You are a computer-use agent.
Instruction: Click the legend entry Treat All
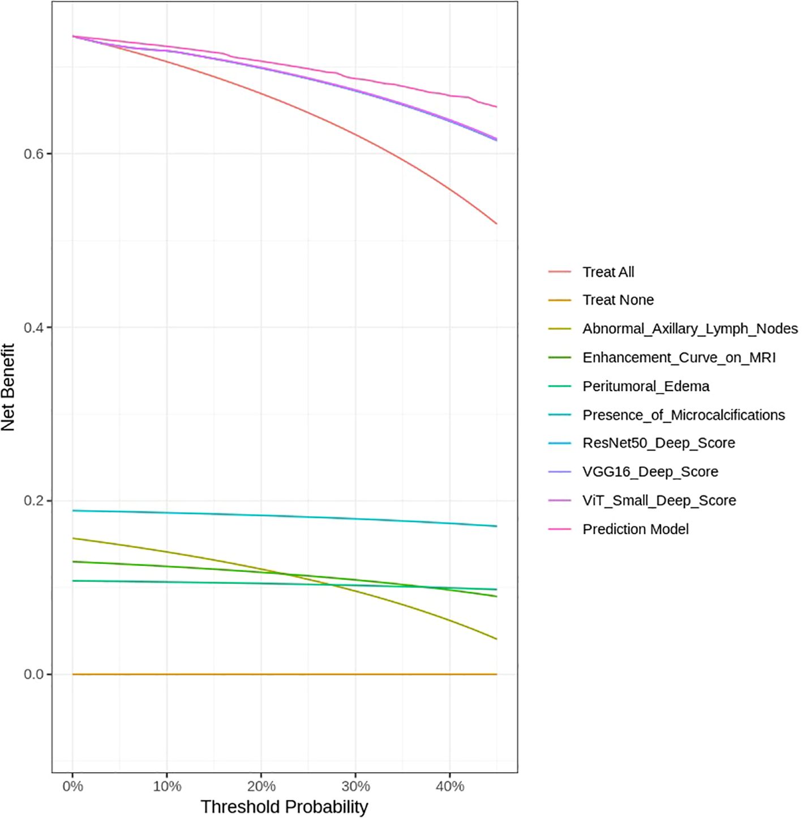608,272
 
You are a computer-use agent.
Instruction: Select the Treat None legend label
617,300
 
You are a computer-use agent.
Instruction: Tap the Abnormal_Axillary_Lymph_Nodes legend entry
689,329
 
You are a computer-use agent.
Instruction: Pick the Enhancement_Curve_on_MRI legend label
679,358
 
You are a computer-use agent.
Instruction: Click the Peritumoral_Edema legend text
645,387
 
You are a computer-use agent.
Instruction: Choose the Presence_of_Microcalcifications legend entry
683,415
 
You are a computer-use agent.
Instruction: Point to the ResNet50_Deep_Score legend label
658,443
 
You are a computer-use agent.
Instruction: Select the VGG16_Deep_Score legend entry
650,472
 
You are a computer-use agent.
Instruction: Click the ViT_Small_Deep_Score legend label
659,500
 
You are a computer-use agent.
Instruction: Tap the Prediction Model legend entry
635,529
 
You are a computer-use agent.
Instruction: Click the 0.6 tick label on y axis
33,154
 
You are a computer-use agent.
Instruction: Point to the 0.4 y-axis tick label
33,328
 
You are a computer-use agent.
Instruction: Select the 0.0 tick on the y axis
33,675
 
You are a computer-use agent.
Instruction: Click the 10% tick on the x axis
167,787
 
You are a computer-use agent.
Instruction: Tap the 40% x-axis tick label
450,787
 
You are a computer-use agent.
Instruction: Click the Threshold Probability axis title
284,807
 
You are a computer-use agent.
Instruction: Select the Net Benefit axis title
8,387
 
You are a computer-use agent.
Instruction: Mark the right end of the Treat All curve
496,224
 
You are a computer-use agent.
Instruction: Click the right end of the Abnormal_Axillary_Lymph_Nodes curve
496,639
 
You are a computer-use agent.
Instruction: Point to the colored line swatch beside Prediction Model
559,529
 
